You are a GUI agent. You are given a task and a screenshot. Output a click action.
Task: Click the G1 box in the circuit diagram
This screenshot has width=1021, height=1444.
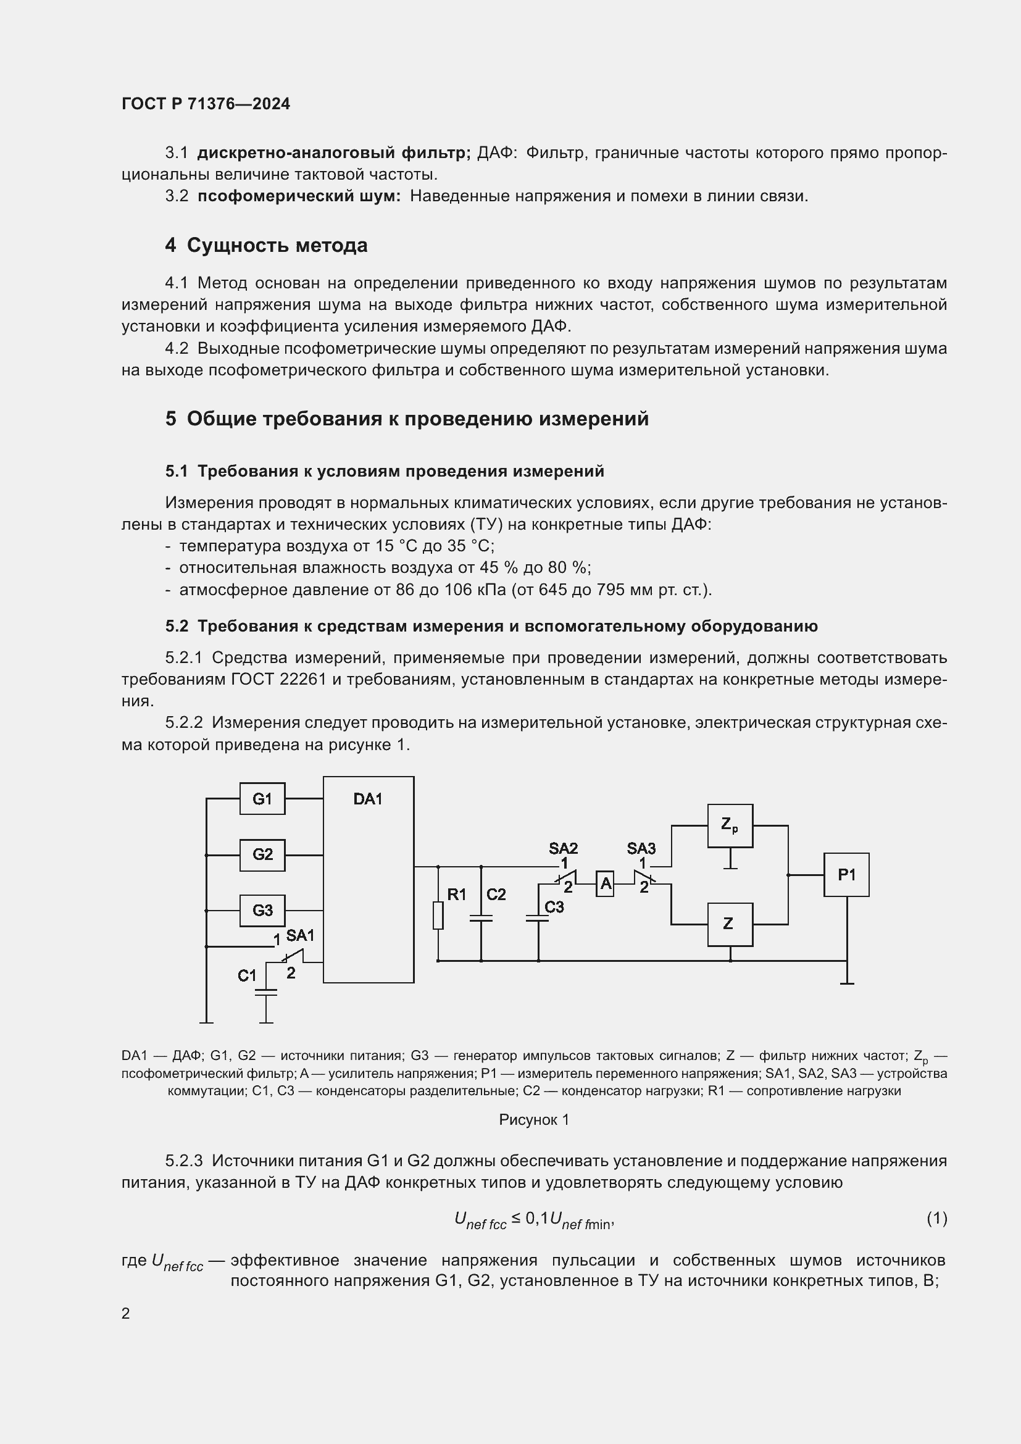click(x=262, y=799)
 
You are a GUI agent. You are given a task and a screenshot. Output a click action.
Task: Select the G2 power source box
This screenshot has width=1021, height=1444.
click(x=262, y=854)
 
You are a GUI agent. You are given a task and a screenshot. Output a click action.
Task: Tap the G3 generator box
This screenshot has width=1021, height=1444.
click(x=262, y=910)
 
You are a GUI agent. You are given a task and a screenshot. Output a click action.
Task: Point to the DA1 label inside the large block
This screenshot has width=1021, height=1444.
click(x=368, y=799)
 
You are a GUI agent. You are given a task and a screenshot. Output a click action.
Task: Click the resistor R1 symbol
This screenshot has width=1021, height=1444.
click(x=438, y=915)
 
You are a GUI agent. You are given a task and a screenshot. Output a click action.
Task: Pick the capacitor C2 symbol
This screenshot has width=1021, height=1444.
click(x=481, y=919)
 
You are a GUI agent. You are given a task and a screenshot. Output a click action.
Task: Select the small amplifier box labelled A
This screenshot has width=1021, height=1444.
click(x=605, y=884)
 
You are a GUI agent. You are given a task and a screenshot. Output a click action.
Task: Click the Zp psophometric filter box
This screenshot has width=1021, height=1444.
click(x=730, y=826)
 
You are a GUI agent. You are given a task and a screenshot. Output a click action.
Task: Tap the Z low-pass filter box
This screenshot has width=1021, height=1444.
click(x=730, y=925)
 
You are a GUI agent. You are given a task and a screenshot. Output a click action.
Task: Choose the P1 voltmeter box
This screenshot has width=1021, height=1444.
click(x=846, y=875)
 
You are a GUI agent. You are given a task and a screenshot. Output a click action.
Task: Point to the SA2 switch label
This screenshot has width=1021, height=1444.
click(x=563, y=848)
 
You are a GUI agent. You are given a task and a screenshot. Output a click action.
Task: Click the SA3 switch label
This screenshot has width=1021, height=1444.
click(x=641, y=848)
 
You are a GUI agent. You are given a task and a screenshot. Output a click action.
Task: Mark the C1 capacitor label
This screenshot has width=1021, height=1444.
click(x=247, y=975)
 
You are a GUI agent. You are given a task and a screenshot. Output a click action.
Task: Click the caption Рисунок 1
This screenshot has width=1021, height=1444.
click(x=534, y=1120)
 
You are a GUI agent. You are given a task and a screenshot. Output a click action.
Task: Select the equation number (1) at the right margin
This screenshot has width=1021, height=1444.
click(x=936, y=1218)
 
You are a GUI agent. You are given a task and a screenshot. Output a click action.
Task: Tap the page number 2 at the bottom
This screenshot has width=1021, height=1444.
click(x=126, y=1314)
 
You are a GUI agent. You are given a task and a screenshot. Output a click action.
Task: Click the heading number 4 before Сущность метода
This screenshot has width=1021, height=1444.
click(x=170, y=245)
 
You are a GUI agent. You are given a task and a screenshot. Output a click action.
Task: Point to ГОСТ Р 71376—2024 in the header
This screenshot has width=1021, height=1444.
click(x=206, y=104)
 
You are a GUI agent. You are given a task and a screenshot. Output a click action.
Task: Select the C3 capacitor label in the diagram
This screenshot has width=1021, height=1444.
click(x=554, y=907)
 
